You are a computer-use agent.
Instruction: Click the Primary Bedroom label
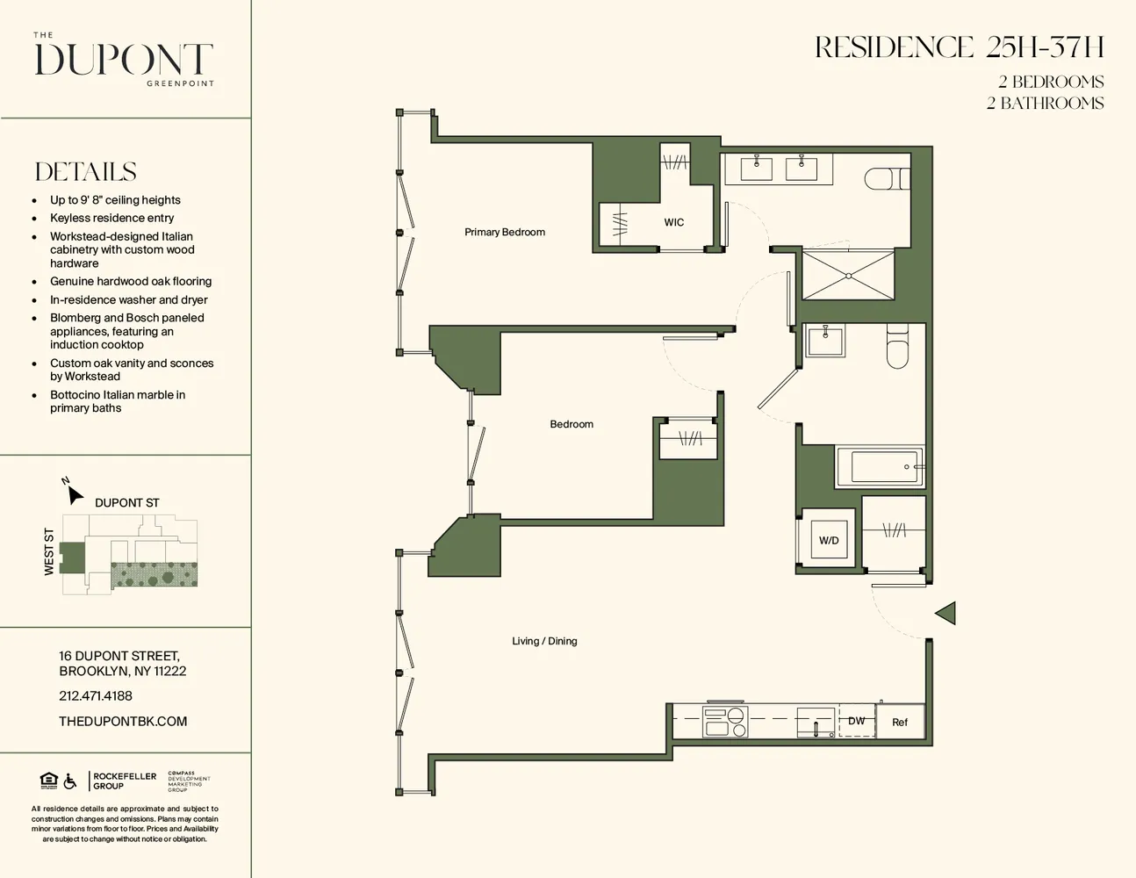click(x=505, y=232)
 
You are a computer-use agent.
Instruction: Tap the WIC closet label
click(x=673, y=222)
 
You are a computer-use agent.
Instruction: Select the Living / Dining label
click(x=544, y=641)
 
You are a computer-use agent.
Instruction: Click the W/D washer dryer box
click(x=828, y=540)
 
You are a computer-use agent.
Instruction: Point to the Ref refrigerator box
click(x=900, y=723)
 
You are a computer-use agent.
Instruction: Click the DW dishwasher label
click(x=856, y=721)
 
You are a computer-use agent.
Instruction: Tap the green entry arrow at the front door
click(x=945, y=613)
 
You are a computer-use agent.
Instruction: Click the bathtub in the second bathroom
click(x=880, y=467)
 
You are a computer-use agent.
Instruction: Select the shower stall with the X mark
click(x=848, y=276)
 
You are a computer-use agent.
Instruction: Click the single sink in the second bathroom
click(x=825, y=341)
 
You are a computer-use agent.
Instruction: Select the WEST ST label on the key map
click(x=49, y=552)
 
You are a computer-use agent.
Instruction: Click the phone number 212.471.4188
click(x=96, y=696)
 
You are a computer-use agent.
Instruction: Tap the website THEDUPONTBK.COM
click(x=123, y=722)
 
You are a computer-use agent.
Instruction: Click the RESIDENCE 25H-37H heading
click(x=959, y=47)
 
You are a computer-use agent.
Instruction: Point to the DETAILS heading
click(x=86, y=172)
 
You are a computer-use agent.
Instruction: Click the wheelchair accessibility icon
click(x=70, y=781)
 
